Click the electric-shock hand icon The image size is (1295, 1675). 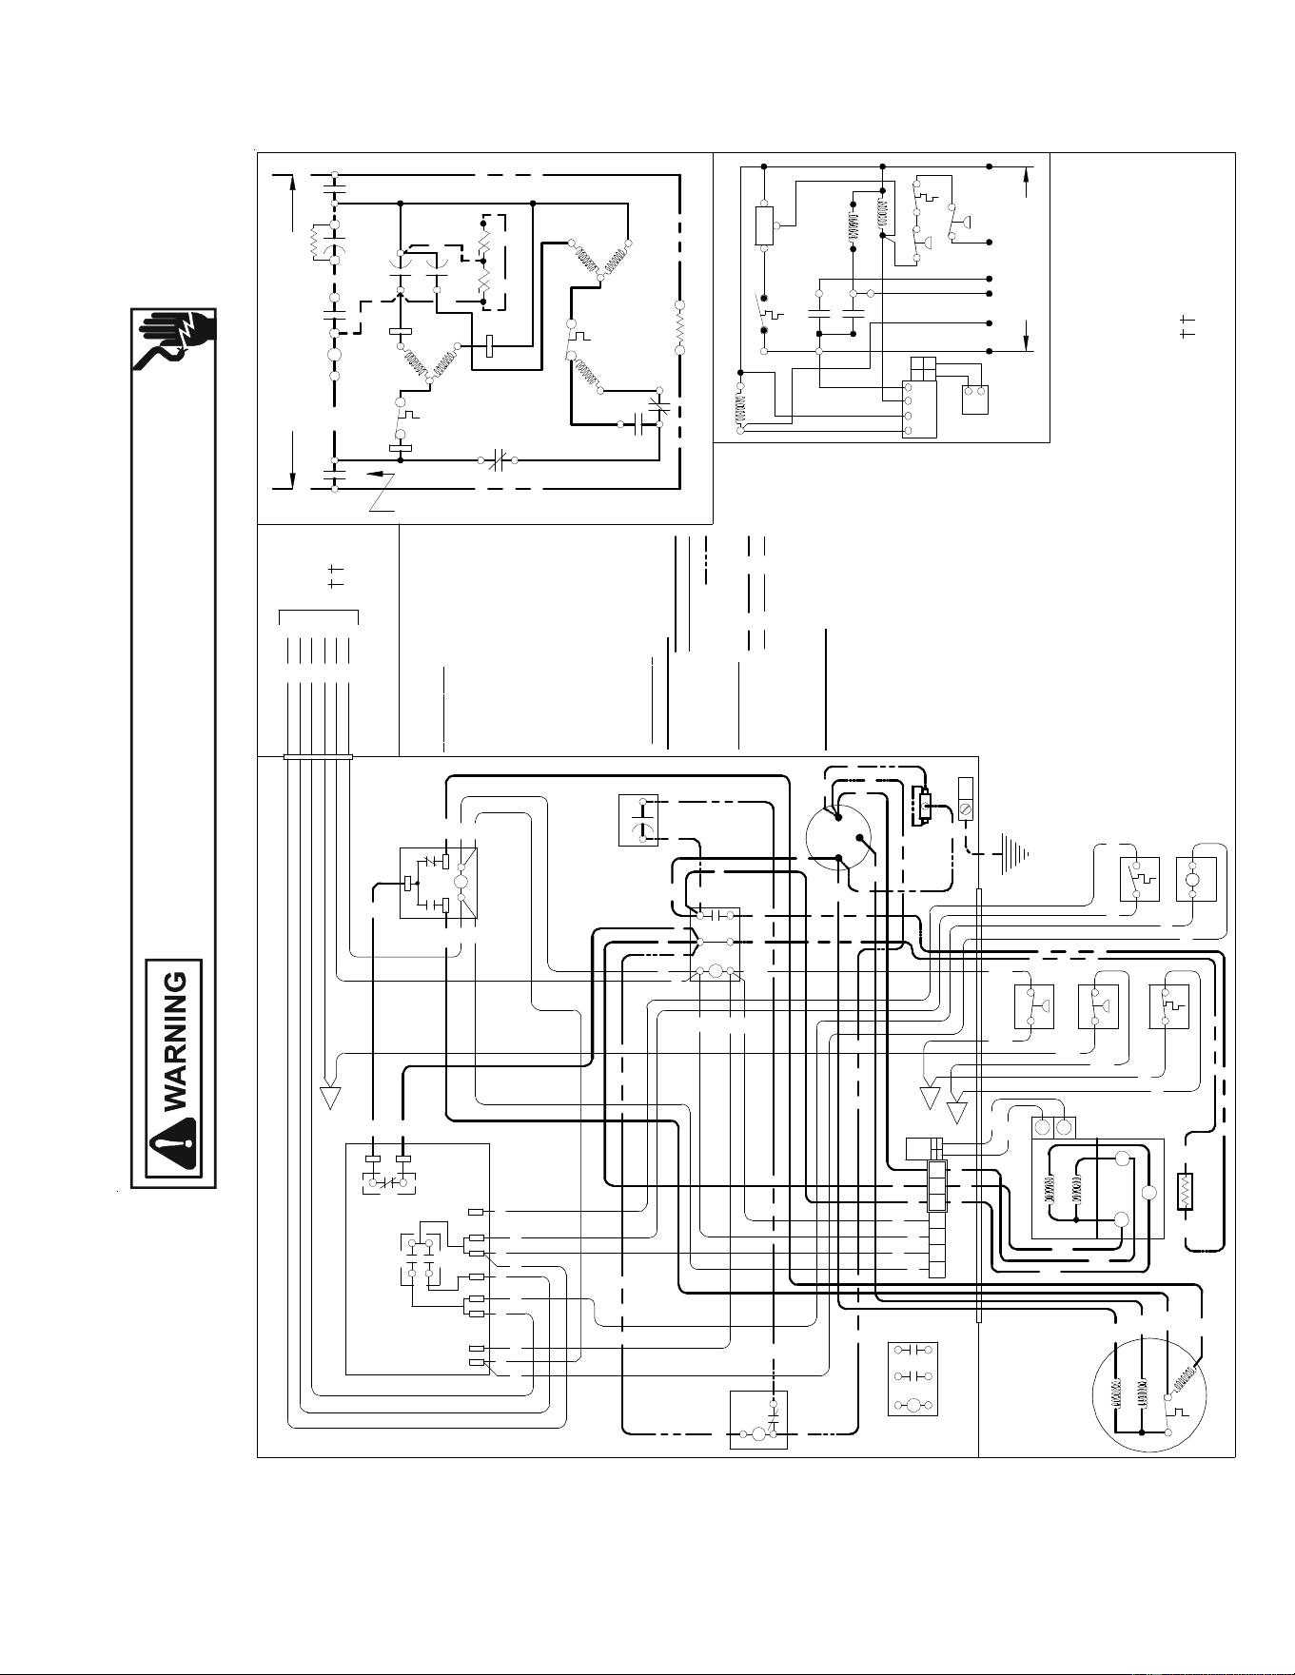[177, 340]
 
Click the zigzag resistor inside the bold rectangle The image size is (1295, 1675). [1186, 1192]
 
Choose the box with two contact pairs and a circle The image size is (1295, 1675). [912, 1378]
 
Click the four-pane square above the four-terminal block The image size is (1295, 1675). [923, 368]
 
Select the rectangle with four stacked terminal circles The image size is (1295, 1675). [919, 409]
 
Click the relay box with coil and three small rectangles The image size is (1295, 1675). [438, 883]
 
